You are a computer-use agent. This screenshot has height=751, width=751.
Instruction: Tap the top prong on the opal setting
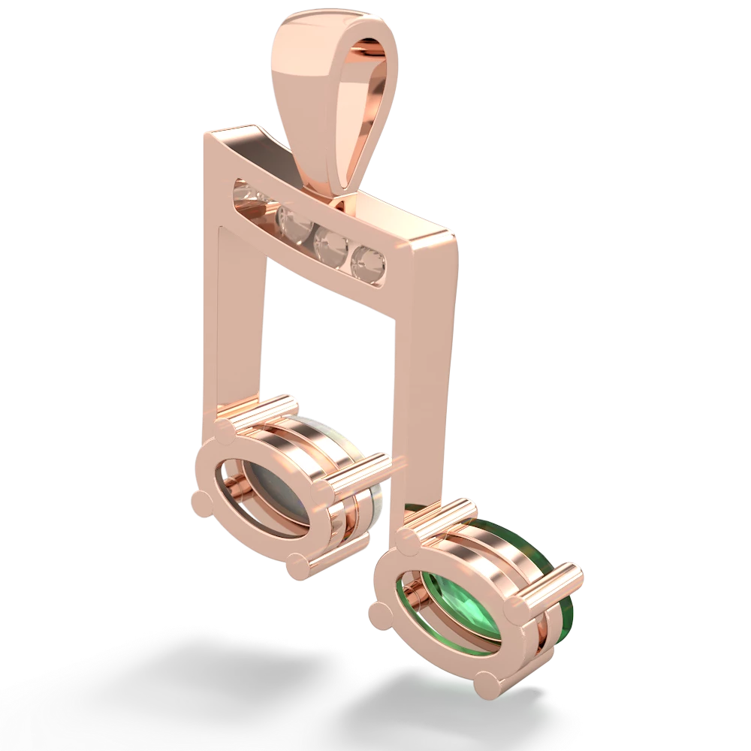pos(225,430)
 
